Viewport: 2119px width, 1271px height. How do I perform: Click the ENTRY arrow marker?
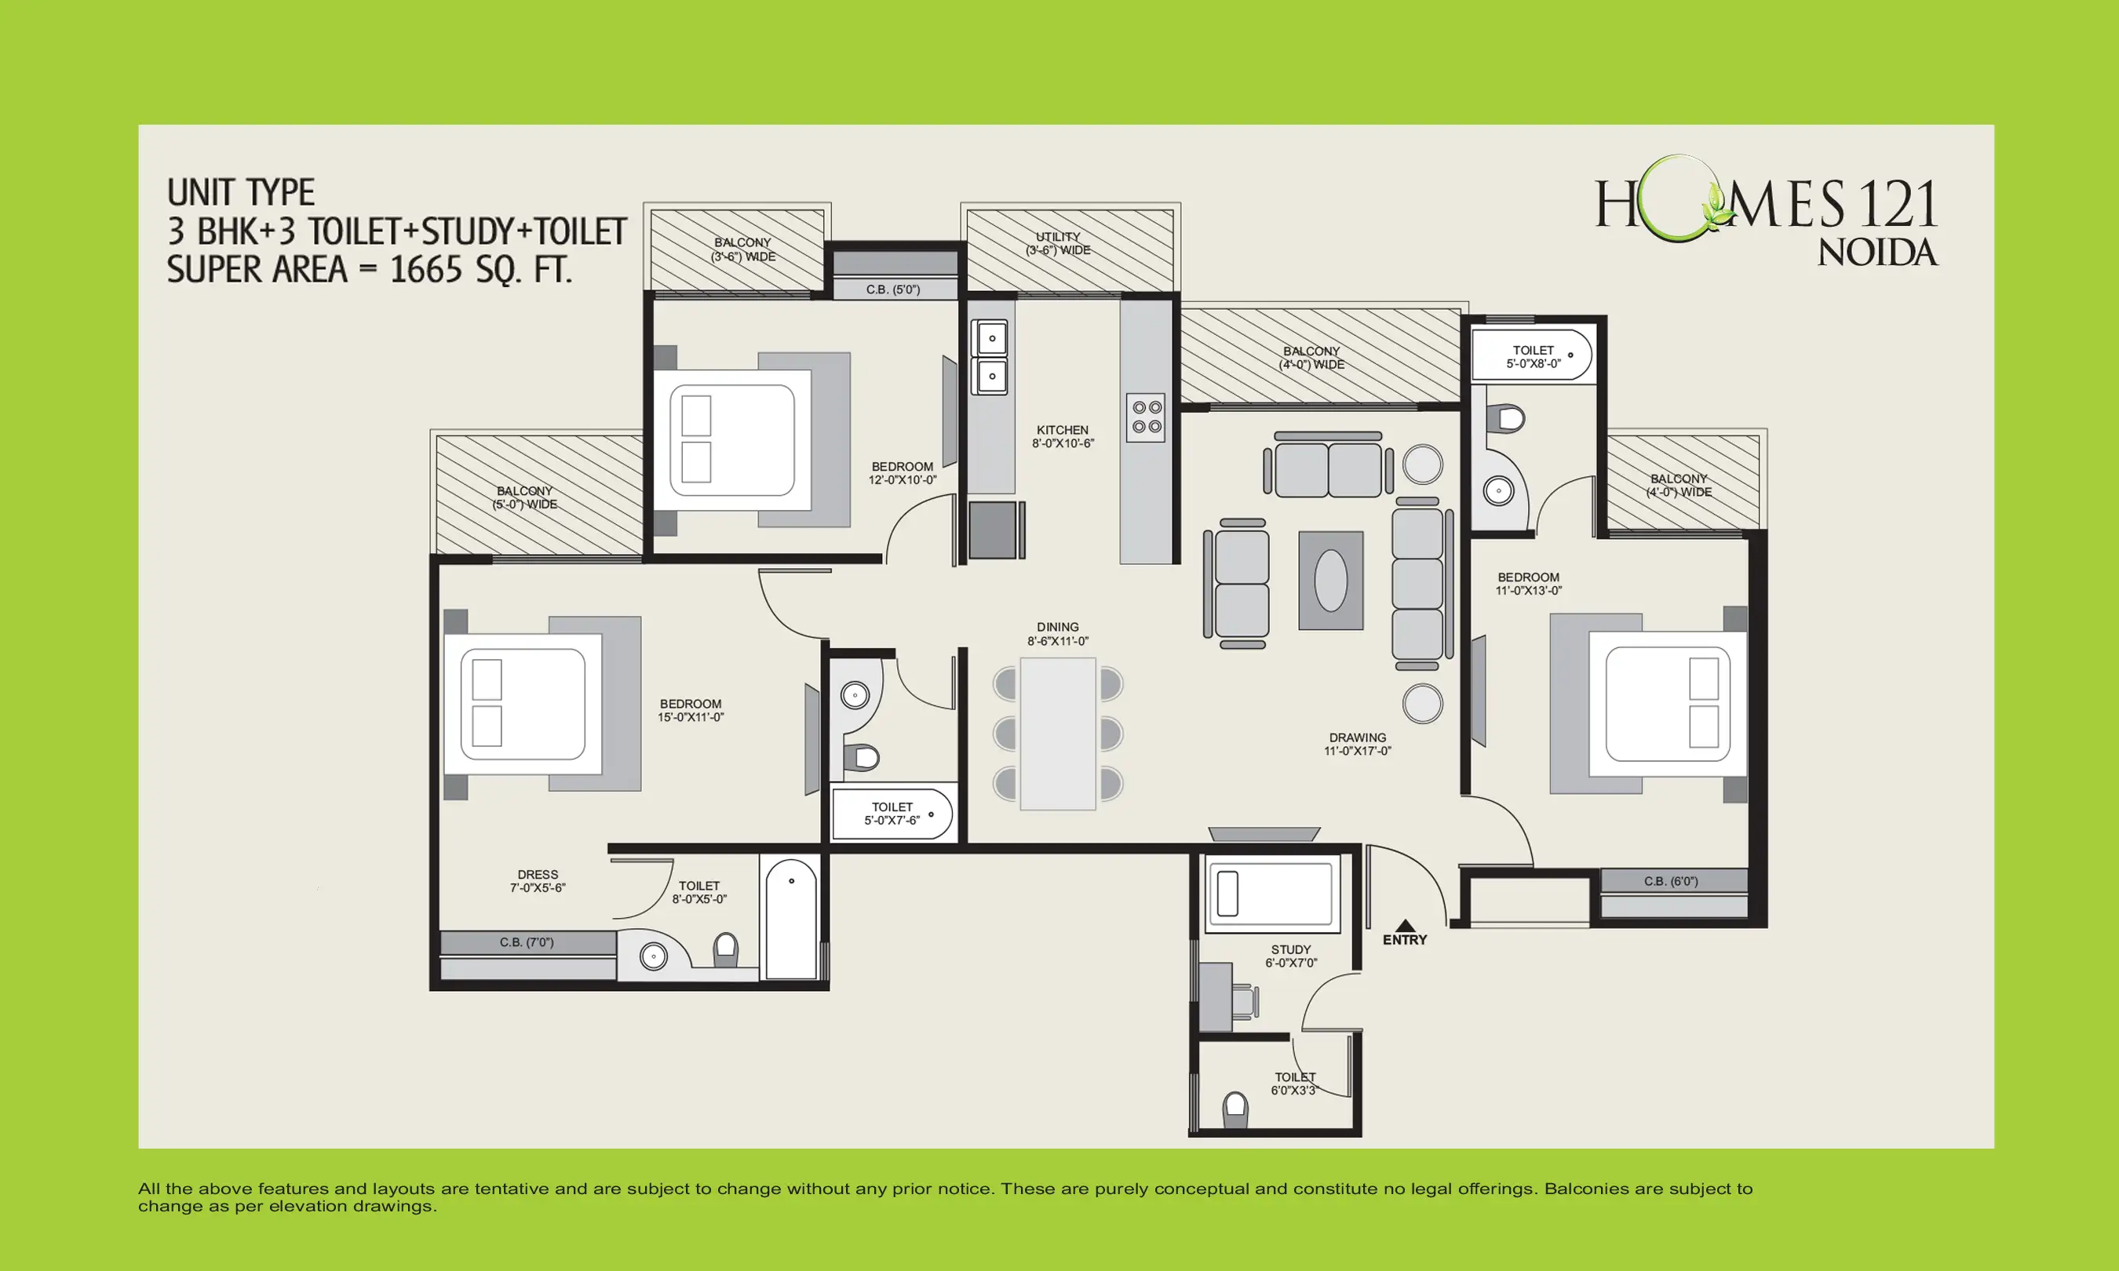pyautogui.click(x=1405, y=926)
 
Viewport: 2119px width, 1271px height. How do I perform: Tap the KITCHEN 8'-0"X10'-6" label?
pyautogui.click(x=1062, y=437)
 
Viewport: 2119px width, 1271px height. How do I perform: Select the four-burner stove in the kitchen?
pyautogui.click(x=1146, y=417)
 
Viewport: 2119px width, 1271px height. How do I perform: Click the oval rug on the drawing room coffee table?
pyautogui.click(x=1330, y=581)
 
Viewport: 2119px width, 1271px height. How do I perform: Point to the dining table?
pyautogui.click(x=1058, y=733)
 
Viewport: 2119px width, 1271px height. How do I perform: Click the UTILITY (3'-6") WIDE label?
pyautogui.click(x=1058, y=243)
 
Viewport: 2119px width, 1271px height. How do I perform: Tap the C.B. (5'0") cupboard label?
pyautogui.click(x=892, y=290)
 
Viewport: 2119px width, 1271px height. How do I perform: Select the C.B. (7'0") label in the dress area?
pyautogui.click(x=527, y=942)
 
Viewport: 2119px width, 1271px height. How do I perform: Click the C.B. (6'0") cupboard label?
pyautogui.click(x=1670, y=880)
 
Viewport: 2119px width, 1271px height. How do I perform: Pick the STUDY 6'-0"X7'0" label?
pyautogui.click(x=1291, y=956)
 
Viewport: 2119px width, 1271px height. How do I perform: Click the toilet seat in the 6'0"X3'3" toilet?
pyautogui.click(x=1235, y=1110)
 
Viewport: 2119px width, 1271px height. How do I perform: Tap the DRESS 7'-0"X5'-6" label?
pyautogui.click(x=538, y=881)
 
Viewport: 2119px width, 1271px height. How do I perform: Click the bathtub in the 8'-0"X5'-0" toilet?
pyautogui.click(x=790, y=919)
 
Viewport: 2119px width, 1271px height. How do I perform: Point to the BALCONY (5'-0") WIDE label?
pyautogui.click(x=524, y=497)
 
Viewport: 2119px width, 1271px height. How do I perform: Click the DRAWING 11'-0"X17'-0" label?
pyautogui.click(x=1357, y=744)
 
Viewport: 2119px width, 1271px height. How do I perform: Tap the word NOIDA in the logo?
pyautogui.click(x=1877, y=253)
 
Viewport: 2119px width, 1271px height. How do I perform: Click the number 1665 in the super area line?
pyautogui.click(x=425, y=270)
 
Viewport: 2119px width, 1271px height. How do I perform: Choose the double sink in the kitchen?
pyautogui.click(x=990, y=357)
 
